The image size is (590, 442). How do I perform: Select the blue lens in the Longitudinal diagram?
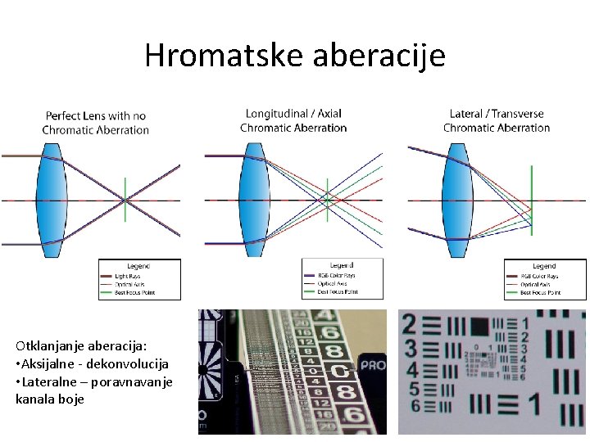tap(254, 199)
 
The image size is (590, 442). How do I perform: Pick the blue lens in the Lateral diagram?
tap(456, 199)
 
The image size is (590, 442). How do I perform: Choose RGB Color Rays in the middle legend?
tap(337, 276)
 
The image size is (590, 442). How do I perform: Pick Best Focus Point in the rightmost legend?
tap(541, 291)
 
